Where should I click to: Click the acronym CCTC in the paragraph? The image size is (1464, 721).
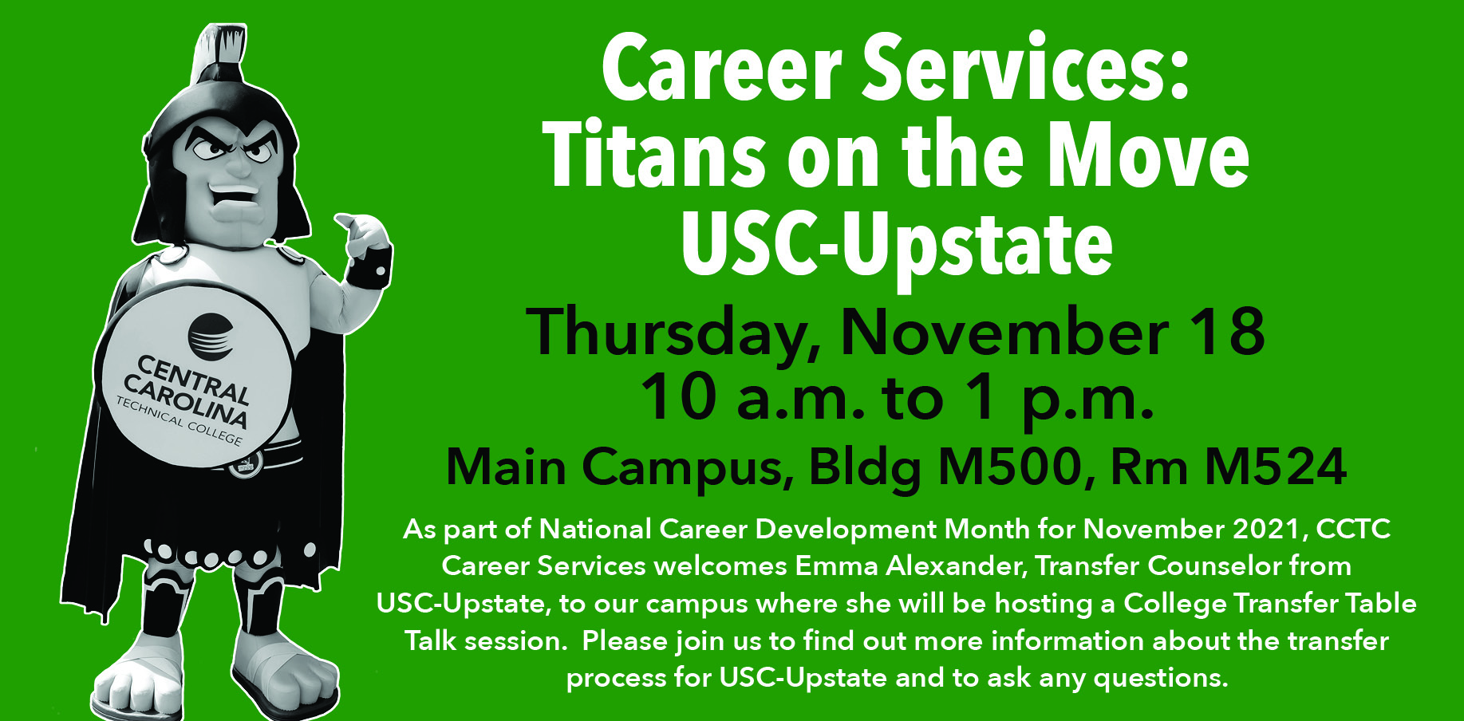tap(1354, 529)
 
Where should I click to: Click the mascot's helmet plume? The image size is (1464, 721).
tap(222, 52)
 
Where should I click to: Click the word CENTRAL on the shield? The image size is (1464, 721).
tap(195, 380)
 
